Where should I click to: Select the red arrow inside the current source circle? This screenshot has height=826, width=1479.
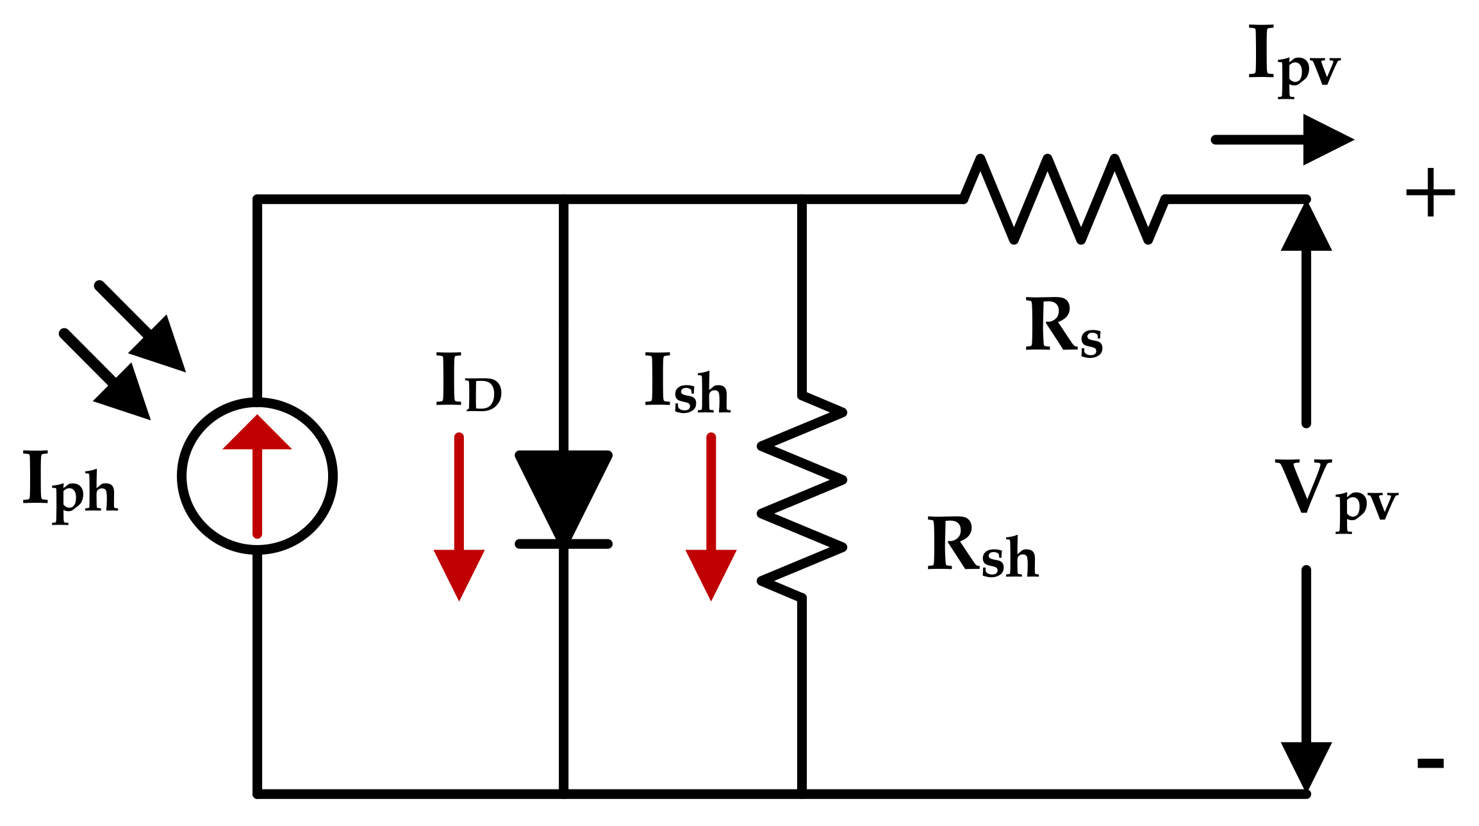[x=257, y=475]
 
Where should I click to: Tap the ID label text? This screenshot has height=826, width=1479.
[x=468, y=383]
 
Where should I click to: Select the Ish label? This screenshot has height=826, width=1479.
[x=688, y=385]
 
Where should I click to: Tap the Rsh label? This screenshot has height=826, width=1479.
[x=982, y=548]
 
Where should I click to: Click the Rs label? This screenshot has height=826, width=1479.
[x=1064, y=328]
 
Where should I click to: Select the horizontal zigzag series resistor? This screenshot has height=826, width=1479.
[x=1064, y=199]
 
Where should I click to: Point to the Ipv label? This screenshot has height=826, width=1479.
[x=1293, y=61]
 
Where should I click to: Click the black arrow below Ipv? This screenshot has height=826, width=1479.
[x=1282, y=140]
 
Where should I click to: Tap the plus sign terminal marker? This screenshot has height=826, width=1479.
[x=1430, y=192]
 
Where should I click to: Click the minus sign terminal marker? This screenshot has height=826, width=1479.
[x=1430, y=763]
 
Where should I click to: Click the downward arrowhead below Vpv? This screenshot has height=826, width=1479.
[x=1306, y=763]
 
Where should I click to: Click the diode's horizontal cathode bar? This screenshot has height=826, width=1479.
[x=563, y=544]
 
